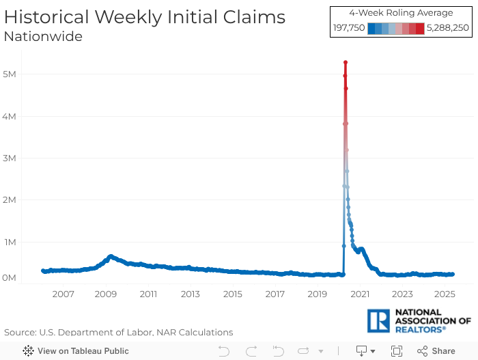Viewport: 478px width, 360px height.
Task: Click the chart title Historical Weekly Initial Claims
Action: click(145, 17)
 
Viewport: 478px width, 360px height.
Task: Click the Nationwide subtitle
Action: click(43, 36)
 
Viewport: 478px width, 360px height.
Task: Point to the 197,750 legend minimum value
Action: click(349, 28)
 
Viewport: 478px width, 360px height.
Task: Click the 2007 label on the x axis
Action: click(63, 294)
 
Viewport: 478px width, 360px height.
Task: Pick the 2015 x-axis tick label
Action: click(233, 294)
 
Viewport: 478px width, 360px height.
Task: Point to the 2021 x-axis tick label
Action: click(360, 294)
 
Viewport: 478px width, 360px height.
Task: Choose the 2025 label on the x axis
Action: click(445, 294)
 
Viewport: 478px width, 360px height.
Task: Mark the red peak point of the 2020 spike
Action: click(346, 62)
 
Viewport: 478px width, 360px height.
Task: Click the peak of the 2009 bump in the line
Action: click(110, 256)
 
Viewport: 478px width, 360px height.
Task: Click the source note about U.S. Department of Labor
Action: click(118, 332)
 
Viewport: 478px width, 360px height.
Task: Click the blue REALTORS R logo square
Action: click(379, 320)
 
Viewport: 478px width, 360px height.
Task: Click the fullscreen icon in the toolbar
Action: click(397, 351)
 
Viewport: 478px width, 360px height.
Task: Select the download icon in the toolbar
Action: click(362, 351)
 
